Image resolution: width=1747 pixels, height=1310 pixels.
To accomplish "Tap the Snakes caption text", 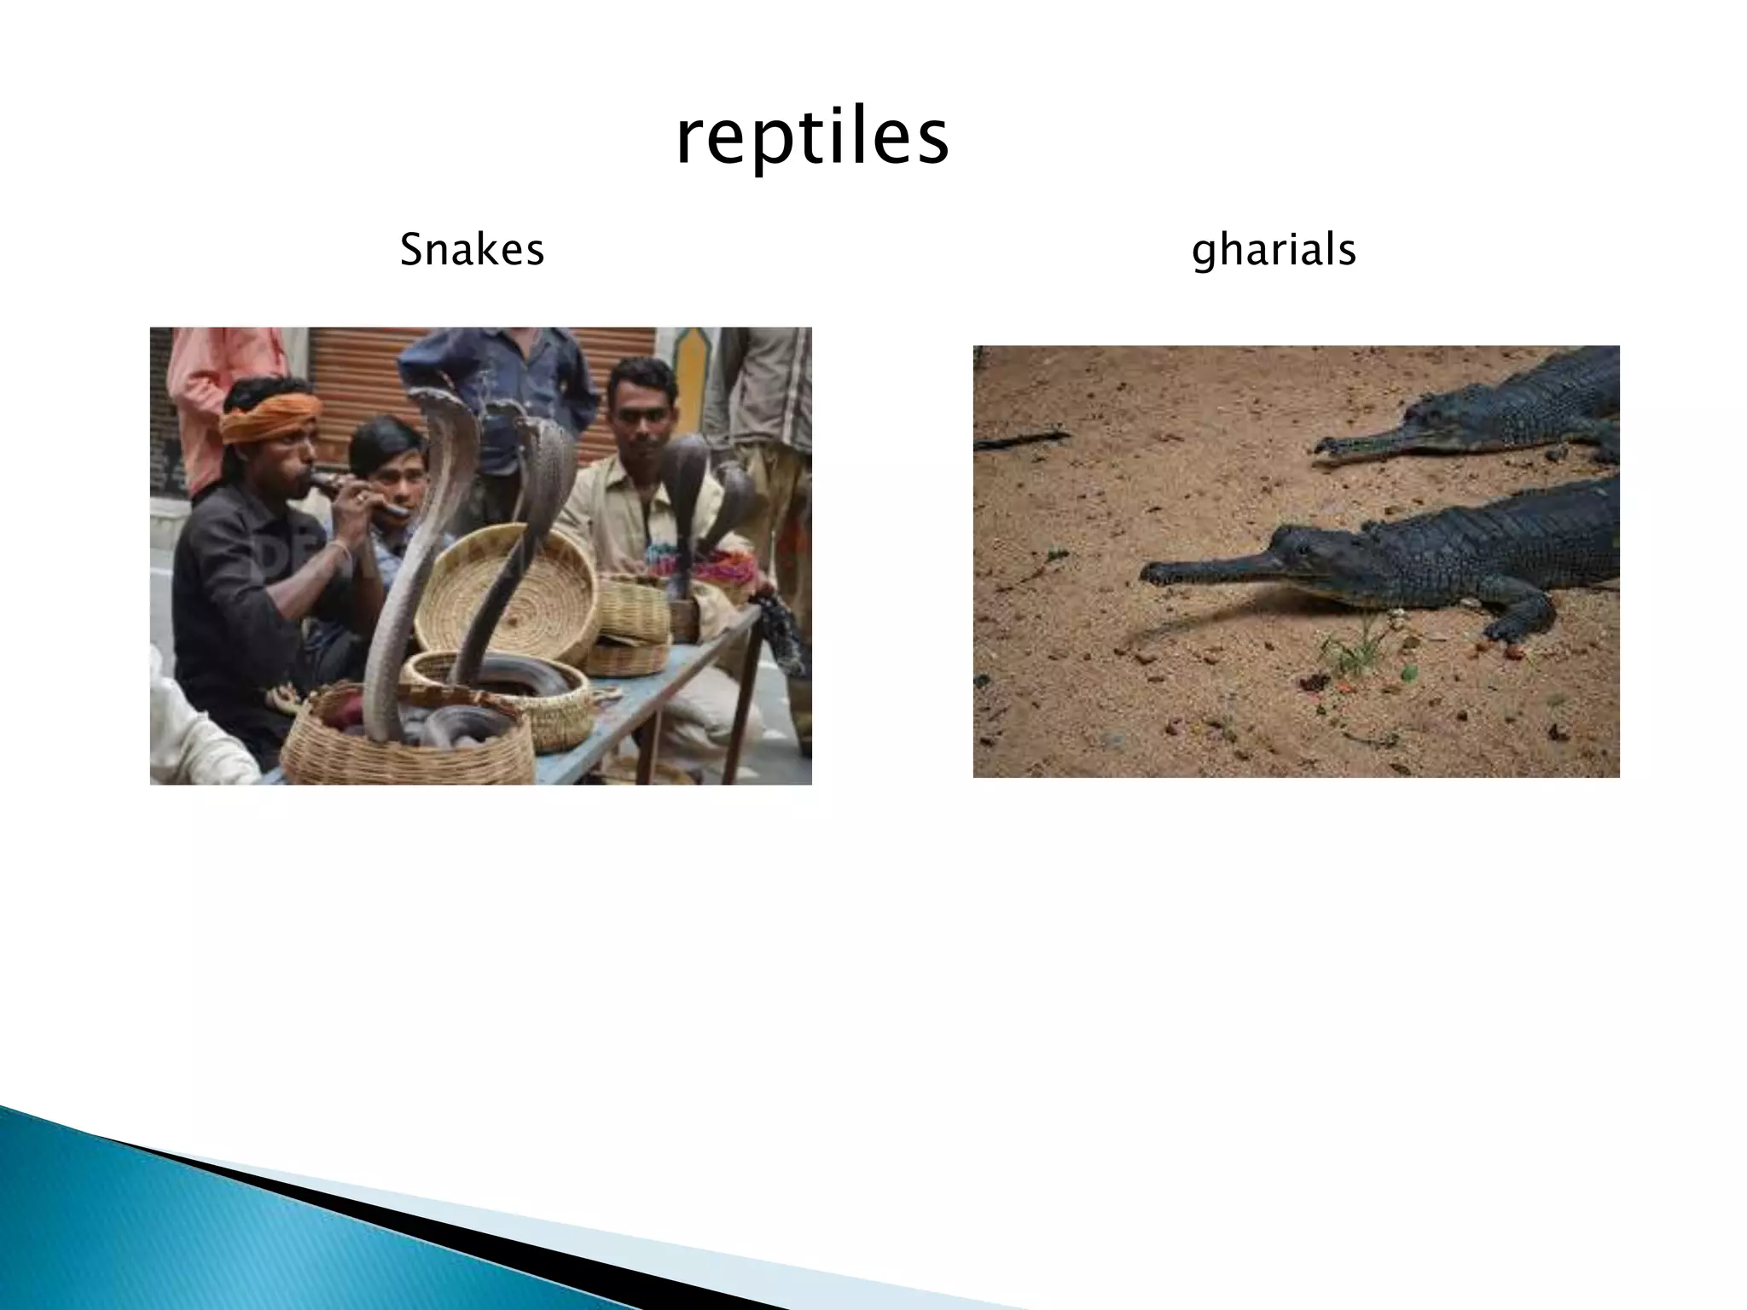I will pos(472,251).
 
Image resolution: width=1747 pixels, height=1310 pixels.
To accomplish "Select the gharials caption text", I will pos(1273,251).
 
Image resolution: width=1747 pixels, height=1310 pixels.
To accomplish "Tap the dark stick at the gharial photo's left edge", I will pos(1019,439).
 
